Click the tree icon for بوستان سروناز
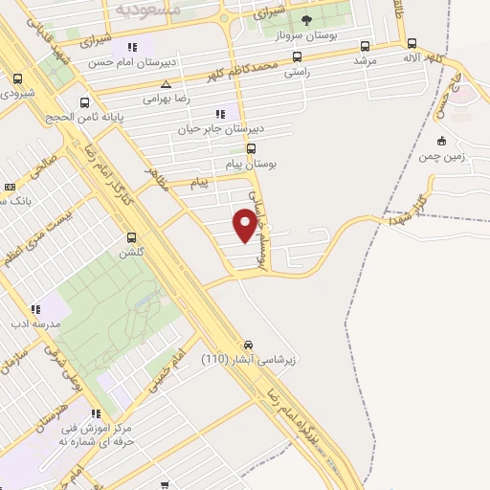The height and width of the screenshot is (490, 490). tap(306, 19)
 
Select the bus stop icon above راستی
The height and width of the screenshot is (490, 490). tap(297, 56)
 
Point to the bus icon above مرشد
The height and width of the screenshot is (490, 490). tap(365, 45)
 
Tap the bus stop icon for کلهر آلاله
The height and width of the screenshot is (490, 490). tap(412, 43)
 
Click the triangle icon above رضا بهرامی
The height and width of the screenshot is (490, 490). tap(167, 84)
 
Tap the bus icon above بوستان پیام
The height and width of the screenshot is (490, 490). tap(252, 148)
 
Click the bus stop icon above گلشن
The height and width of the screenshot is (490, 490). tap(131, 237)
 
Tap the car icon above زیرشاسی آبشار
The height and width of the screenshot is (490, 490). tap(248, 344)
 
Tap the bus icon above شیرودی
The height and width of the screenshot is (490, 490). tap(17, 78)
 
